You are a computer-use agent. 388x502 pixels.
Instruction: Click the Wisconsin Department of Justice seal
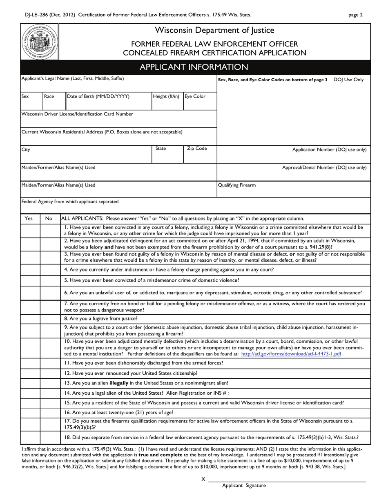point(40,42)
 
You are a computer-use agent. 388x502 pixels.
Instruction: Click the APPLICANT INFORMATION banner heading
point(194,67)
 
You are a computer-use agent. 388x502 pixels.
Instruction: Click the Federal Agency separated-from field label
point(70,202)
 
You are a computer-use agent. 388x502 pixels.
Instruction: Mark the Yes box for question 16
point(30,413)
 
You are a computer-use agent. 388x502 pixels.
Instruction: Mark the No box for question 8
point(50,319)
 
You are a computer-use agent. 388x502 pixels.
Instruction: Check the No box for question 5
point(50,280)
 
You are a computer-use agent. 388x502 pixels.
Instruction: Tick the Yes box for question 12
point(30,373)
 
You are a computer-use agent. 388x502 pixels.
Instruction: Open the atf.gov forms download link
point(291,354)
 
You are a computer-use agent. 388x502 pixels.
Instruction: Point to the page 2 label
point(355,15)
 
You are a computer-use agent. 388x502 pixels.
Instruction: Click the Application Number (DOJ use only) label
point(329,150)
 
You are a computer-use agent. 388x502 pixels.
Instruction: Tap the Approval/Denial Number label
point(324,167)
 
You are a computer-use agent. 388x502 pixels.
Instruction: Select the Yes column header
point(29,219)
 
